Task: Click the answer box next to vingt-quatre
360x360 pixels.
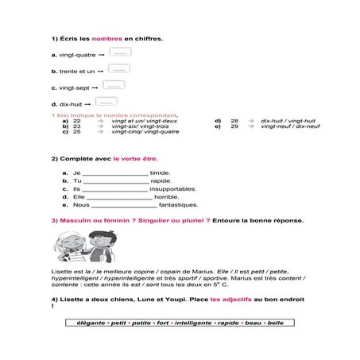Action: coord(121,53)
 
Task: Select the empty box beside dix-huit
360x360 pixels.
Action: coord(106,102)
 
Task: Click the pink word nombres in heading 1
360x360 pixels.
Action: coord(106,38)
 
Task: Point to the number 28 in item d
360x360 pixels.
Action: coord(234,121)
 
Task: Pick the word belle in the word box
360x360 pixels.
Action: coord(275,323)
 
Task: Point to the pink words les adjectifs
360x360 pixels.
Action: coord(215,299)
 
